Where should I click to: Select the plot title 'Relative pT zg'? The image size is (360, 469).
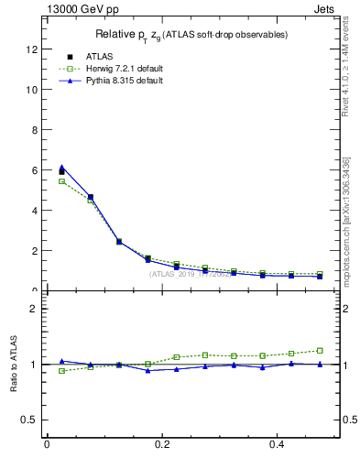[x=192, y=35]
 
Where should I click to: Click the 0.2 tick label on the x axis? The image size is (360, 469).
[x=163, y=444]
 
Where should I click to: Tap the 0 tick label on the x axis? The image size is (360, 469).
[x=47, y=444]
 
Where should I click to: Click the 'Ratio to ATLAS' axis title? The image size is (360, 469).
[x=12, y=364]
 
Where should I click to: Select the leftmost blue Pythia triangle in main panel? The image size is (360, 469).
[x=61, y=167]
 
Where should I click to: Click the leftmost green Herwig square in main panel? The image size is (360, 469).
[x=61, y=181]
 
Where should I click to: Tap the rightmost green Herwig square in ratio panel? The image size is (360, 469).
[x=320, y=350]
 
